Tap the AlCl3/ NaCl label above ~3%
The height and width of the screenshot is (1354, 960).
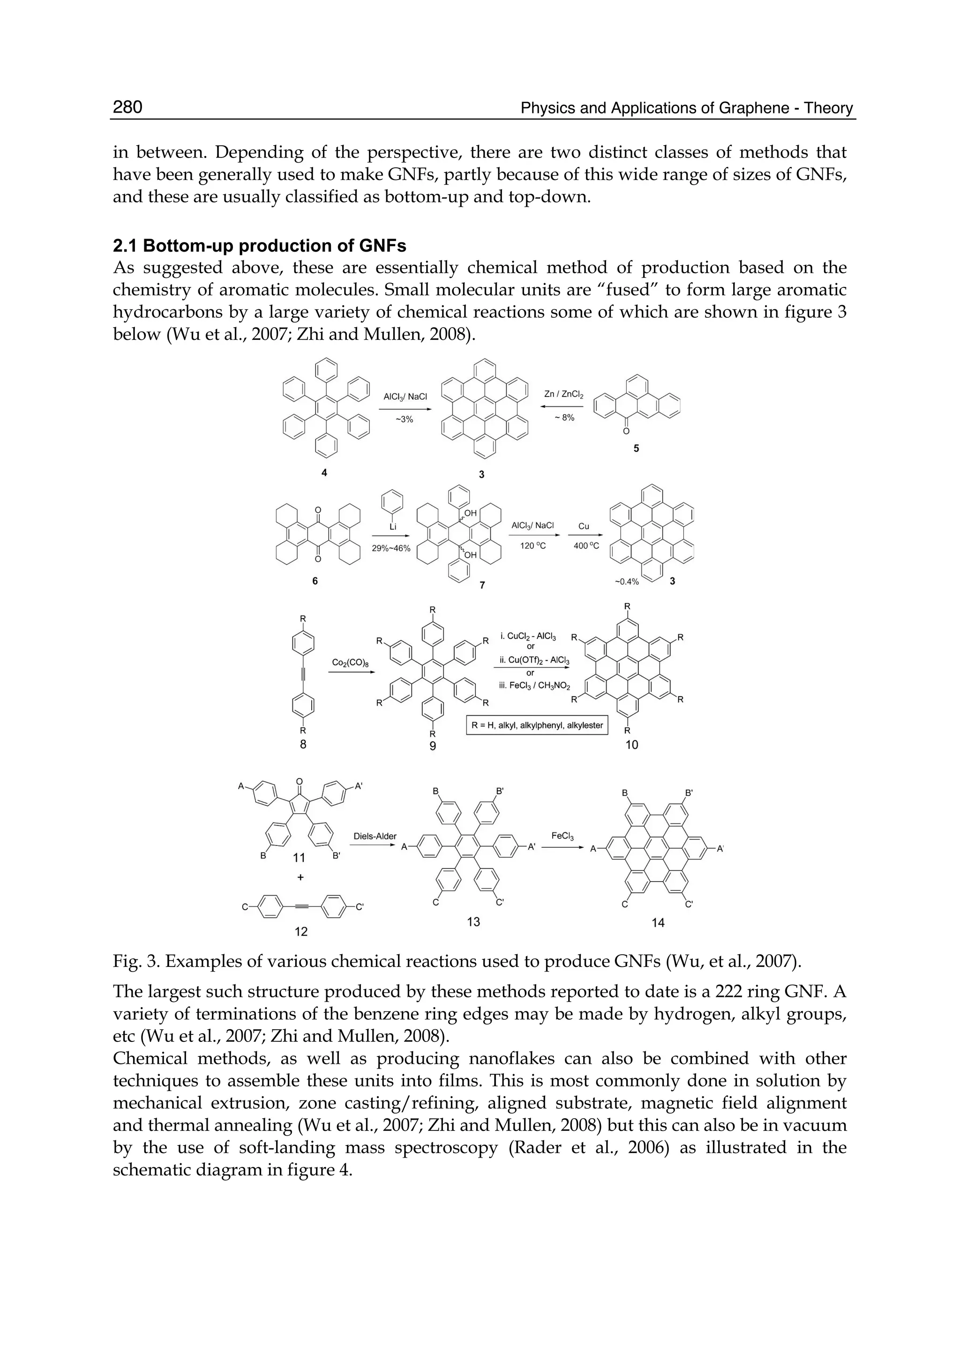click(405, 396)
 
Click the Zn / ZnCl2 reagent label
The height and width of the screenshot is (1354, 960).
click(563, 394)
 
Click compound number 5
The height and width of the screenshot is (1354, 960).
click(636, 449)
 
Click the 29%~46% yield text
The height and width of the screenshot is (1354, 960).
click(391, 548)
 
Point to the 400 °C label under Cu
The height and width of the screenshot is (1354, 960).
click(586, 546)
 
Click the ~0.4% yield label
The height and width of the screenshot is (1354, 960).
click(627, 582)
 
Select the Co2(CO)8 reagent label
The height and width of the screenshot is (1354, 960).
click(351, 663)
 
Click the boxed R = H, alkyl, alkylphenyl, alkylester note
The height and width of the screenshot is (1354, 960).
click(537, 725)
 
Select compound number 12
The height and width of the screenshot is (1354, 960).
click(301, 932)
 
